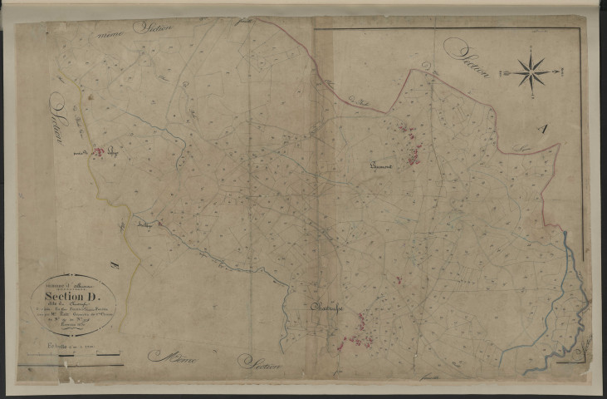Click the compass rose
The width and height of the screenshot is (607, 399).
click(x=530, y=72)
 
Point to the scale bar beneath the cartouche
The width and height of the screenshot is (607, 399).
click(x=70, y=356)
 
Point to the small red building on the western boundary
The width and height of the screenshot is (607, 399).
click(x=100, y=152)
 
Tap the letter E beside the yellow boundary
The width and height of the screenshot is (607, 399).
click(x=114, y=265)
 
